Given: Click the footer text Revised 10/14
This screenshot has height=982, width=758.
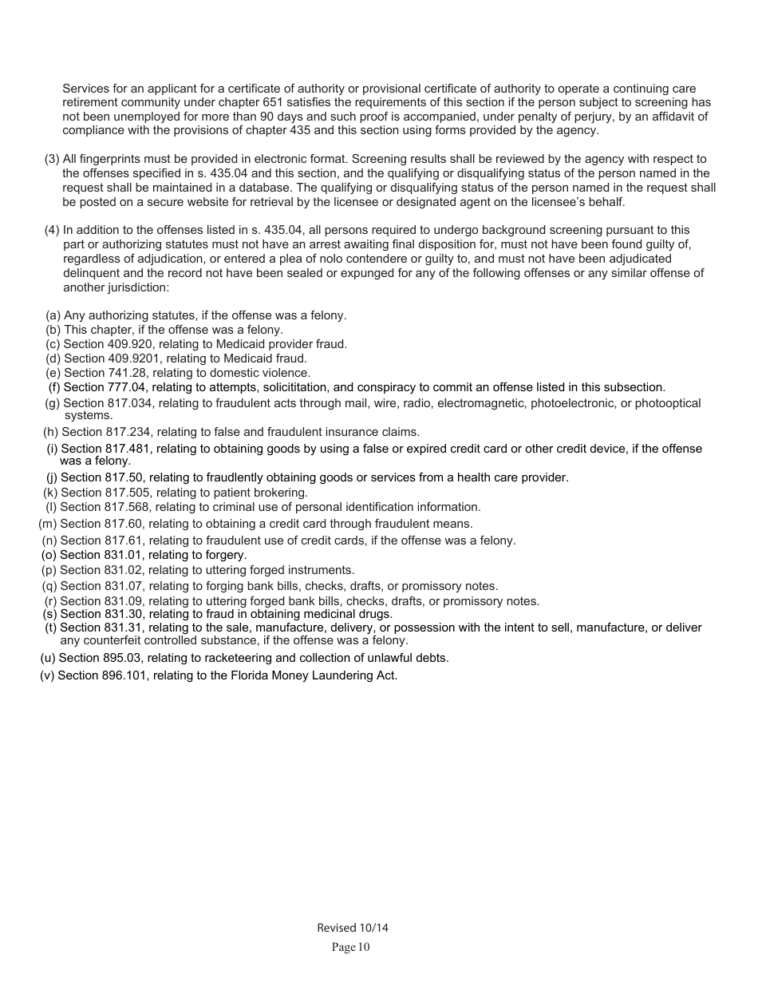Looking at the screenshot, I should (352, 928).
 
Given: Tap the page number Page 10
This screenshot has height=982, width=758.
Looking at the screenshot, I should (351, 948).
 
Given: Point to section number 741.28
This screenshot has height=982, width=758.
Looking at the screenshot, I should (129, 373).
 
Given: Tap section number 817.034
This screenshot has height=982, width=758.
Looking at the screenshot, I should (132, 403).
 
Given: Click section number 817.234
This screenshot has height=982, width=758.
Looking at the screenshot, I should (132, 432).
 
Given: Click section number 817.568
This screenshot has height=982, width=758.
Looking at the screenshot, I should (131, 507).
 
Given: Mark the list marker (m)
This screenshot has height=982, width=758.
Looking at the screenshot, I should (47, 524).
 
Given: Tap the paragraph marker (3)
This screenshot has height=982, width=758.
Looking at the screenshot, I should (52, 159).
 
